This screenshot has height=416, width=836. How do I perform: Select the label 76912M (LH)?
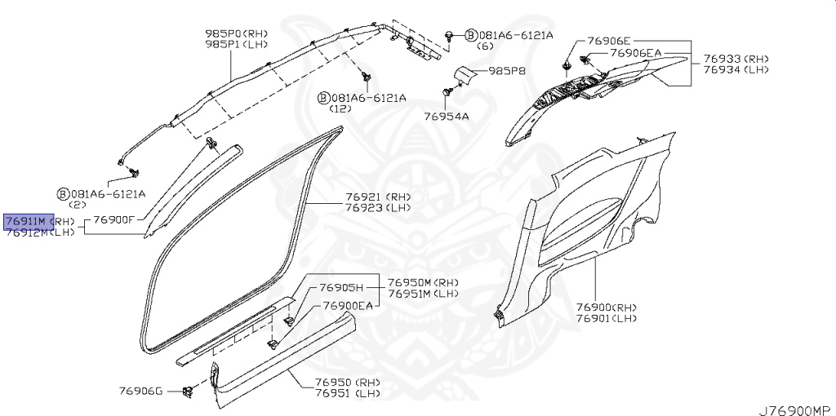click(x=39, y=232)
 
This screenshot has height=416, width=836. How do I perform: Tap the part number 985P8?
click(x=507, y=71)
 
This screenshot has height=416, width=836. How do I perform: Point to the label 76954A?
click(x=446, y=117)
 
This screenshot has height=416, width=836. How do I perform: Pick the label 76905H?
click(x=340, y=287)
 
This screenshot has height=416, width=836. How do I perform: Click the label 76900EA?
click(x=347, y=305)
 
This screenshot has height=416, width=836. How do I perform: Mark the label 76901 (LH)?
click(x=606, y=317)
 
